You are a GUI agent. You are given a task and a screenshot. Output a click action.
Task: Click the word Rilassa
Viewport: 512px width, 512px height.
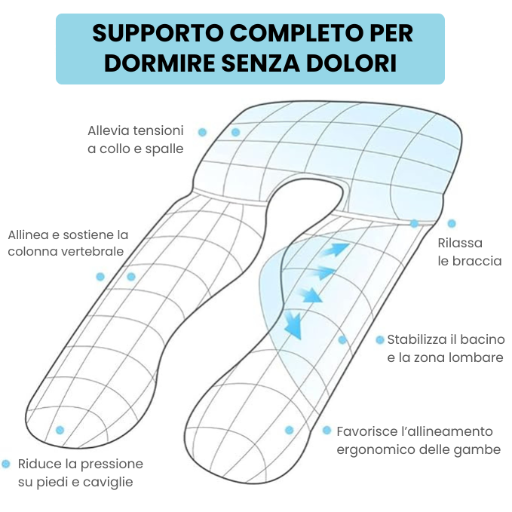460,244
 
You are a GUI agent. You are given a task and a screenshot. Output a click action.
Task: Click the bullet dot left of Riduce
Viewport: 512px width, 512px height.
6,464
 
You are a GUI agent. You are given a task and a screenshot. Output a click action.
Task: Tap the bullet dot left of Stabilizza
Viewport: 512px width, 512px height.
380,340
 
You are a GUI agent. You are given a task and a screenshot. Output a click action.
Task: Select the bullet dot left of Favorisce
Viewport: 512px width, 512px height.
327,431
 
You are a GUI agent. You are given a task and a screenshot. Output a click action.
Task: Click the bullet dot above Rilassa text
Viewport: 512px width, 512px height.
452,224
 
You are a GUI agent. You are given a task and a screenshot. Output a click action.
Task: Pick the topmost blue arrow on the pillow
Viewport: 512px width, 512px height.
337,249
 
